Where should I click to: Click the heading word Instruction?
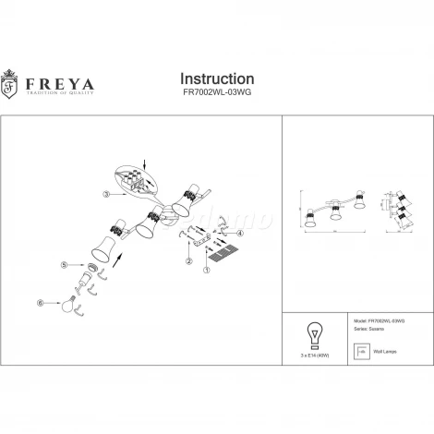click(x=216, y=79)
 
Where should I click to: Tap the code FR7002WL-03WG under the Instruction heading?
click(x=216, y=94)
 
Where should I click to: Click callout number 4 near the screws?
click(x=241, y=234)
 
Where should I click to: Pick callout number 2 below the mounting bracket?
click(x=188, y=261)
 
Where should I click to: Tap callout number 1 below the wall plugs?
click(x=206, y=271)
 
